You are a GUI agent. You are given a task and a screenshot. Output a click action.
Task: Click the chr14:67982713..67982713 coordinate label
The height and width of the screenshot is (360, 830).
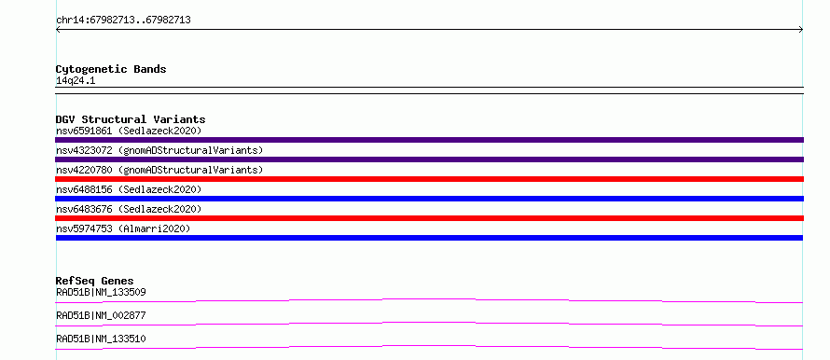coord(123,21)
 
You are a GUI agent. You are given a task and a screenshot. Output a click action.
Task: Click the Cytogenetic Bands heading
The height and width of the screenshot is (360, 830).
coord(111,69)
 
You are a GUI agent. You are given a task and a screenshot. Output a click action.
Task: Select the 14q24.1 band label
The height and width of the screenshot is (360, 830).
coord(76,81)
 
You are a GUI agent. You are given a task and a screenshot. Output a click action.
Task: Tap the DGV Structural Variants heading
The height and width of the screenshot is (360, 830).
coord(131,119)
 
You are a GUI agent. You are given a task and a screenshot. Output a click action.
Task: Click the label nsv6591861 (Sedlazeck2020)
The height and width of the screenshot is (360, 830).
coord(129,131)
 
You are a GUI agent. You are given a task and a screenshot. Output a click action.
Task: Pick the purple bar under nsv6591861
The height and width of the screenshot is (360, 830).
coord(429,140)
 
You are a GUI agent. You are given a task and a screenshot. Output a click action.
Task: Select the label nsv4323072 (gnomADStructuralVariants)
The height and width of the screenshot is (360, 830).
coord(159,150)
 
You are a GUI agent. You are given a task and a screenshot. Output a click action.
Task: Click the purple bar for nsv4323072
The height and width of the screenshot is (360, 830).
coord(429,159)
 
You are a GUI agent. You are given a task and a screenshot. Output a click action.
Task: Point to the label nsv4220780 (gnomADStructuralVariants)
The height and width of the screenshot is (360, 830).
coord(159,170)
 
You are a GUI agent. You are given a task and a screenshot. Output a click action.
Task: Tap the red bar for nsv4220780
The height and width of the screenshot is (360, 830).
coord(429,179)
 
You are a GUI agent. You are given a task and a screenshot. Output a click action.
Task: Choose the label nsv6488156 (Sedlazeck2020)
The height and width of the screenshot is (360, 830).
coord(129,189)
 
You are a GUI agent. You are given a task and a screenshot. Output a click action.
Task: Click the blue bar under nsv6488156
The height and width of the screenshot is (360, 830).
coord(429,199)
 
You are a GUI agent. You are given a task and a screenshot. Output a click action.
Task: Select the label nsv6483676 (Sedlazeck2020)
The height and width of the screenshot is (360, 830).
coord(129,209)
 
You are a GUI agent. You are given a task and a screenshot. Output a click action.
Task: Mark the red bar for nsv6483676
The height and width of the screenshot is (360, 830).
coord(429,218)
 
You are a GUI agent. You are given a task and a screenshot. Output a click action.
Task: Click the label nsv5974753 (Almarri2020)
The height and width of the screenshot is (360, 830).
coord(123,228)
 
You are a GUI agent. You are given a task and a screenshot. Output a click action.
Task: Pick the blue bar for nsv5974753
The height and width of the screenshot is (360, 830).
coord(429,238)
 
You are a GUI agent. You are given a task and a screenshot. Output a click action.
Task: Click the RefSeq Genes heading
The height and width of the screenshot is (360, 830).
coord(95,281)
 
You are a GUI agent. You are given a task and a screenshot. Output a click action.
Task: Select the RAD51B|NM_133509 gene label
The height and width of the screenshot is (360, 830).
coord(101,292)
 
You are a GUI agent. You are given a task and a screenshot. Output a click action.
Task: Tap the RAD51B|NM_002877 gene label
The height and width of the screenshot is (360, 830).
coord(101,315)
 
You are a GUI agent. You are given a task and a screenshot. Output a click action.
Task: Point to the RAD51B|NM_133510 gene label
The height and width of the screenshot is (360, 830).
coord(101,339)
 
